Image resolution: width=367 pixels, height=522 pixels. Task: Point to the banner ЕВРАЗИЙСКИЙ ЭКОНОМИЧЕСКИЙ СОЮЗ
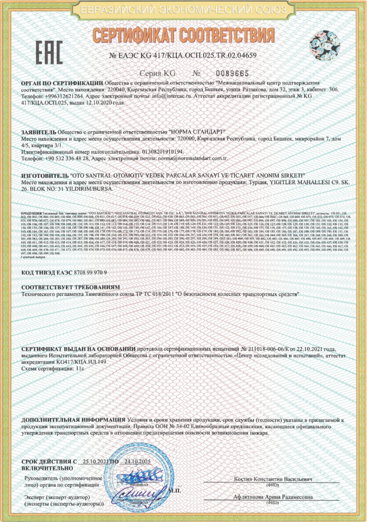183,10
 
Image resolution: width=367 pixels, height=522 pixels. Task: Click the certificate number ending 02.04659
183,55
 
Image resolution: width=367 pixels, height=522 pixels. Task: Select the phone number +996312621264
64,96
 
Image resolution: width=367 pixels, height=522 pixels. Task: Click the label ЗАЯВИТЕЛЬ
38,132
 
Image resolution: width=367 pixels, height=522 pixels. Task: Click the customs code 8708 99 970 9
90,272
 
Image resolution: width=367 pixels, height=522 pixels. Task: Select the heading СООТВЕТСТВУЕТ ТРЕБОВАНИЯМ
71,288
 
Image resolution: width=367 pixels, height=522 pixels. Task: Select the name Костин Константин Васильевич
272,479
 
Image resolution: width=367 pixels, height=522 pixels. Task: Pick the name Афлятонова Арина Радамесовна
273,497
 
